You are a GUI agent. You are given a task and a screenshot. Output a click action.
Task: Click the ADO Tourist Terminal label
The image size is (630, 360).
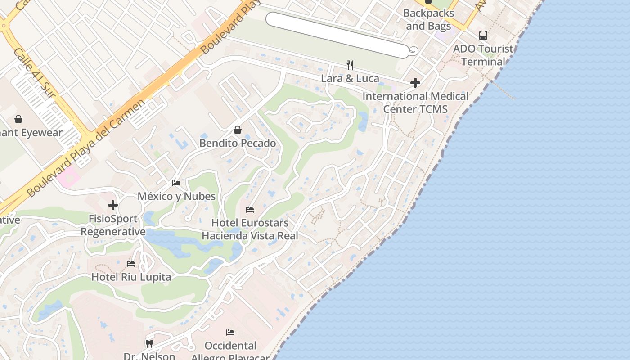click(483, 55)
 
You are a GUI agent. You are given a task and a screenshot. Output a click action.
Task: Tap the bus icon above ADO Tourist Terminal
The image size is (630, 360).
click(483, 36)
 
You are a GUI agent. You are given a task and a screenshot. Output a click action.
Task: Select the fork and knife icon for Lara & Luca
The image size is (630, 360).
click(350, 65)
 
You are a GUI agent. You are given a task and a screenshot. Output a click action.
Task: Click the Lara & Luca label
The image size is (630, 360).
click(350, 78)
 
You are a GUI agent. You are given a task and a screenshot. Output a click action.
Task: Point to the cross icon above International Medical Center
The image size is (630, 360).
click(415, 83)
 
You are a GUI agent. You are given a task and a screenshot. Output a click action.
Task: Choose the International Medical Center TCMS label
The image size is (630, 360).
click(415, 103)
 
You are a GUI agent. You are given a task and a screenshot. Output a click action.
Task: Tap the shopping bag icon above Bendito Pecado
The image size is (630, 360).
click(238, 130)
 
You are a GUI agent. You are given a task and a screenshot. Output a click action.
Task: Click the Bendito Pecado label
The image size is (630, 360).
click(238, 143)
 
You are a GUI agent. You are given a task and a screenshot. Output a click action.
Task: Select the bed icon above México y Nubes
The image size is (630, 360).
click(176, 183)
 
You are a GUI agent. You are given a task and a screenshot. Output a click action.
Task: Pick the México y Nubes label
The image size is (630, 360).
click(176, 196)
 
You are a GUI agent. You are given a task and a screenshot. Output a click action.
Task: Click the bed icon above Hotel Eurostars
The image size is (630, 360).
click(250, 210)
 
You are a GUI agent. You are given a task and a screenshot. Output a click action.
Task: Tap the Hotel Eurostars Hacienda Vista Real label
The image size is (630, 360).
click(250, 229)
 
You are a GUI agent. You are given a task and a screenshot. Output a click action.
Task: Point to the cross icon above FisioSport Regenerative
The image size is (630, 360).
click(113, 206)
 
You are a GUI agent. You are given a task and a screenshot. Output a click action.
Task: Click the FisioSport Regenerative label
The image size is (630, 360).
click(113, 225)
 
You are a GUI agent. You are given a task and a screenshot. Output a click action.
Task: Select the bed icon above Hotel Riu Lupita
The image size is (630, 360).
click(131, 264)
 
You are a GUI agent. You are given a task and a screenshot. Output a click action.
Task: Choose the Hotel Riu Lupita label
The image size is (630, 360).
click(131, 277)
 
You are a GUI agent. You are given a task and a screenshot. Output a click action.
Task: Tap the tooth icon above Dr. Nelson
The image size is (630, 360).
click(149, 344)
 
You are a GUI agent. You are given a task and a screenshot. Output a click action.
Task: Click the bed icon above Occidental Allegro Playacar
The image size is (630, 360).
click(230, 333)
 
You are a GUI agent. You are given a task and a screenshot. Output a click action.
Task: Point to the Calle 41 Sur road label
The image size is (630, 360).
click(34, 72)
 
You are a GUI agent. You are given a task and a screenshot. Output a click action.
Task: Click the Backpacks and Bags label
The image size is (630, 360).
click(428, 20)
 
